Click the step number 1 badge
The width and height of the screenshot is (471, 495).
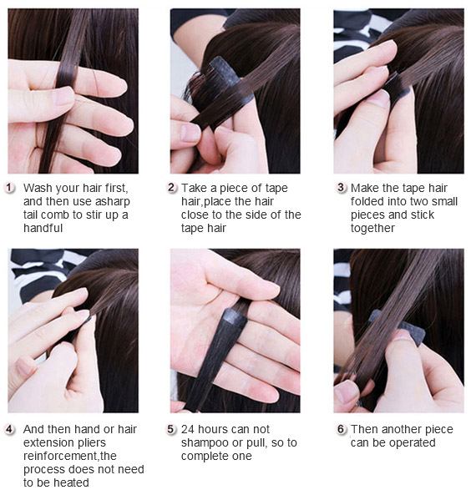coord(9,188)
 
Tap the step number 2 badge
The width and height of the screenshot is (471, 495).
coord(171,188)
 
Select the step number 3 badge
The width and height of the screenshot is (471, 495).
coord(341,188)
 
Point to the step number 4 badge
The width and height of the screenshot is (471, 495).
coord(9,429)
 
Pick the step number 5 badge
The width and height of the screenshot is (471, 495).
coord(171,429)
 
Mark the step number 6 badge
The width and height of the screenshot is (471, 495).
coord(341,429)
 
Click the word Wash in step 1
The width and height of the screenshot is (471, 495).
coord(38,188)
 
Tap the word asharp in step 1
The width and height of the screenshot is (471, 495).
coord(113,201)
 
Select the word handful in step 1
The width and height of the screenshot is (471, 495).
coord(43,228)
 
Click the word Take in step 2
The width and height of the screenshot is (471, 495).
coord(195,188)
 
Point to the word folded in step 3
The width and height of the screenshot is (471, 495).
coord(367,201)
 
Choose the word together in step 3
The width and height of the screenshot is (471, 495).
coord(372,228)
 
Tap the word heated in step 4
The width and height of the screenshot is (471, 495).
coord(71,482)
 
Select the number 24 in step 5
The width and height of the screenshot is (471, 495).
coord(188,429)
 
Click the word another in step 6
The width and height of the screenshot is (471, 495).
coord(401,429)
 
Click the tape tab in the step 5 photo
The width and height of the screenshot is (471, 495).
coord(234,318)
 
